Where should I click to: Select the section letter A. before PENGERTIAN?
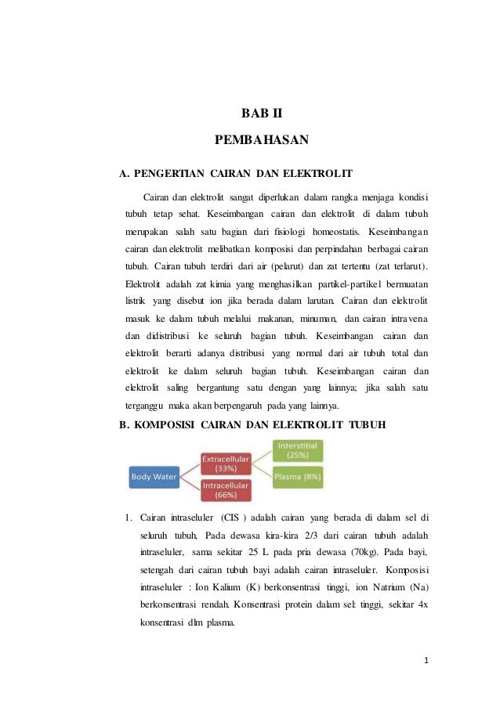pyautogui.click(x=122, y=171)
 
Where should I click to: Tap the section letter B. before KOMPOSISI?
pyautogui.click(x=122, y=425)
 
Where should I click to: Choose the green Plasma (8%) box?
pyautogui.click(x=297, y=475)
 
